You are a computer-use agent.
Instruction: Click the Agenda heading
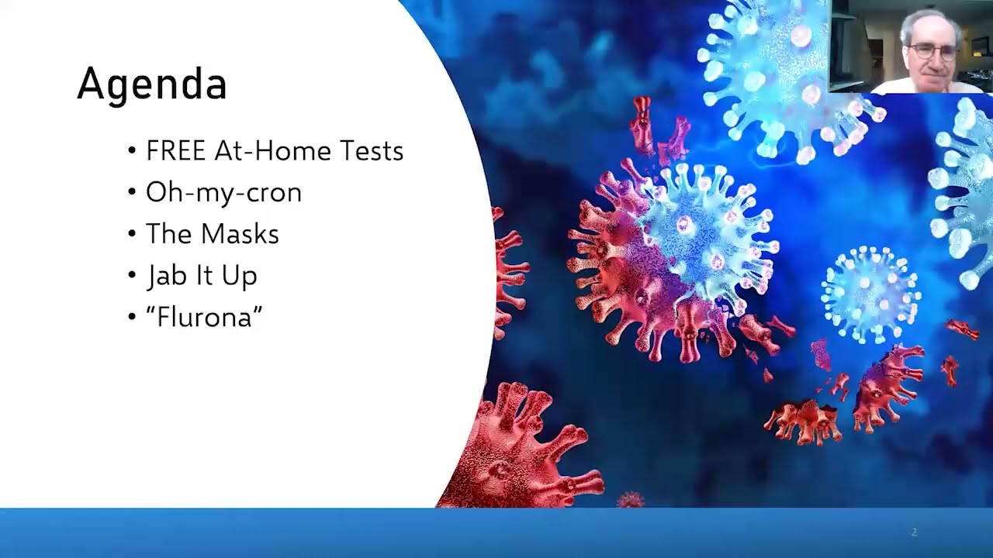(x=151, y=84)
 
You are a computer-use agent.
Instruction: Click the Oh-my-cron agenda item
(x=223, y=192)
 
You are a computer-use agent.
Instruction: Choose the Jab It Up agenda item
(x=202, y=276)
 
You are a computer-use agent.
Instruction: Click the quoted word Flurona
(x=204, y=317)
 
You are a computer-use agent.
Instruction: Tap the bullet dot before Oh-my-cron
(x=132, y=192)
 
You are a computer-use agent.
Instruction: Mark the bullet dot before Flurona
(x=132, y=317)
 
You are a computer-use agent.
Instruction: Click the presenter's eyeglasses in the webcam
(x=932, y=52)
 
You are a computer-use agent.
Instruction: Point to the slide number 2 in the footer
(x=914, y=532)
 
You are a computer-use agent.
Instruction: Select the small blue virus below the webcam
(x=870, y=294)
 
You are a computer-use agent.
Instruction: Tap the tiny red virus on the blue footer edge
(x=630, y=500)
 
